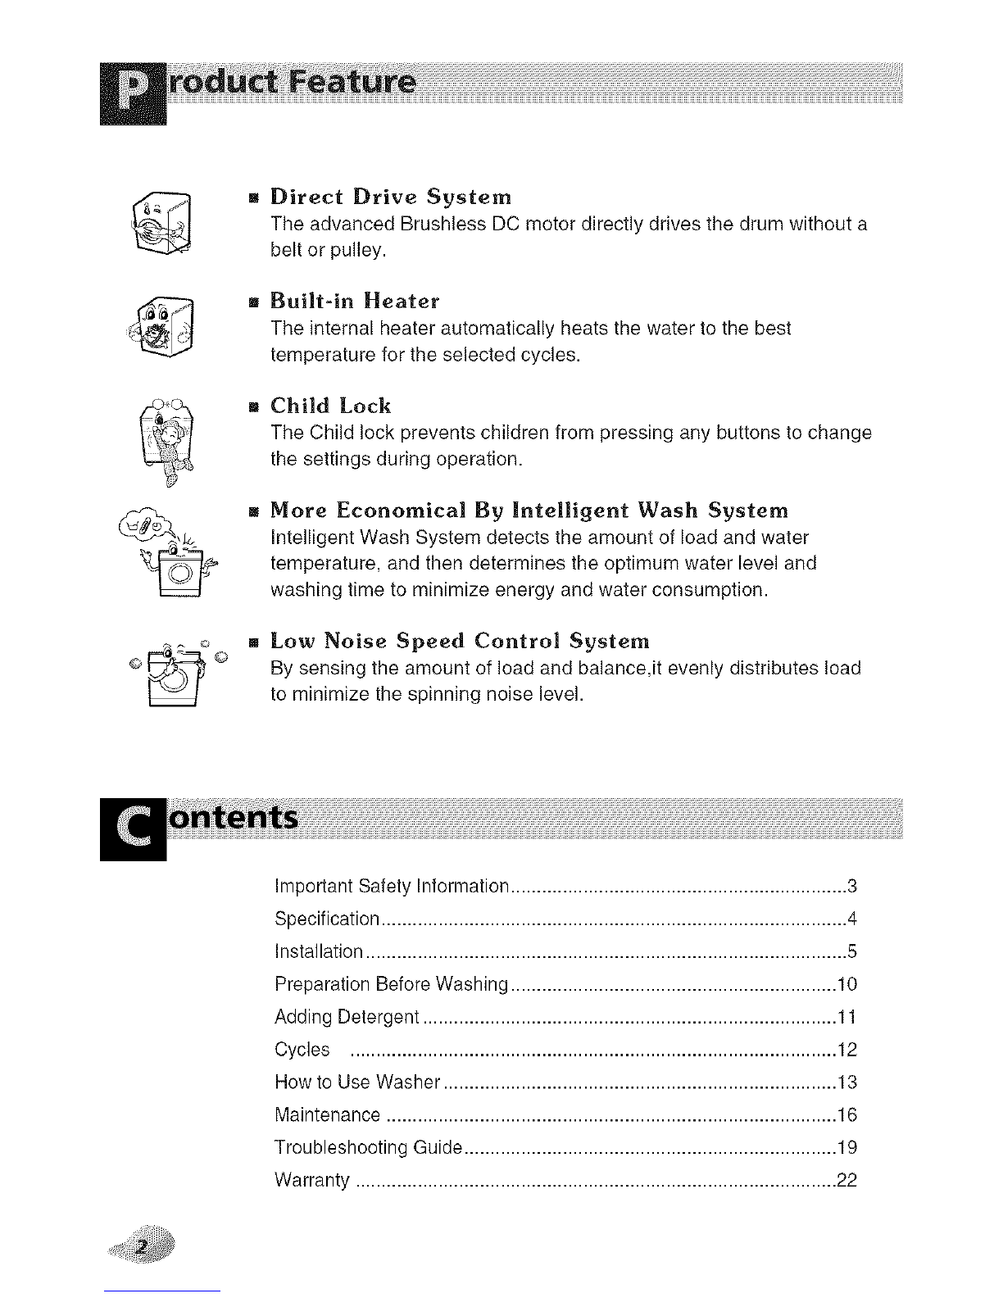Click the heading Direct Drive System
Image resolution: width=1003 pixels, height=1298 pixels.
point(391,197)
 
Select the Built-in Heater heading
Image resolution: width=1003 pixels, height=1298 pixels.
point(355,302)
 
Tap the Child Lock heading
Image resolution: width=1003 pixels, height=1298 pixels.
point(331,406)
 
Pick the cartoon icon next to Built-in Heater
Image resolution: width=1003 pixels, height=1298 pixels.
point(166,327)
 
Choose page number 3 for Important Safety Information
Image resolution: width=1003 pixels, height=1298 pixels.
point(852,886)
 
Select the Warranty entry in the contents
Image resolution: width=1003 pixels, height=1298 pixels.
point(312,1181)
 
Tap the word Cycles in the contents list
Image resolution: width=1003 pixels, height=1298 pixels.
point(302,1050)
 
